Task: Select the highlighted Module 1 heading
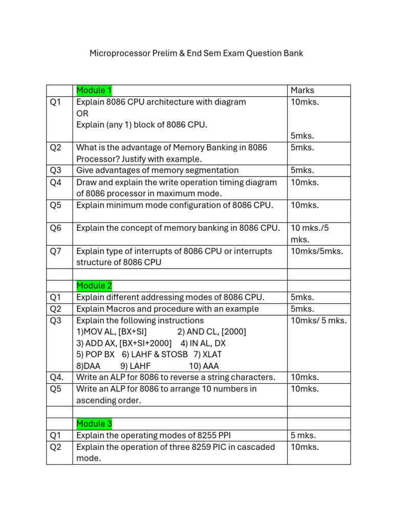94,91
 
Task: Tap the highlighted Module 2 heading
94,286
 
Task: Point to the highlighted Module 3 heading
94,424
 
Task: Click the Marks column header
302,91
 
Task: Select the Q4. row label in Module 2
57,377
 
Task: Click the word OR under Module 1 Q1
82,113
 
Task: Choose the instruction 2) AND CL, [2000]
211,332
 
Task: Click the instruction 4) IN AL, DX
203,343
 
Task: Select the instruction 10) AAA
204,366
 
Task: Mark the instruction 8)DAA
89,366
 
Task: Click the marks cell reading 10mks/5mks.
317,251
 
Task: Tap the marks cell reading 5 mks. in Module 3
303,436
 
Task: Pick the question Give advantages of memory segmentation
157,170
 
